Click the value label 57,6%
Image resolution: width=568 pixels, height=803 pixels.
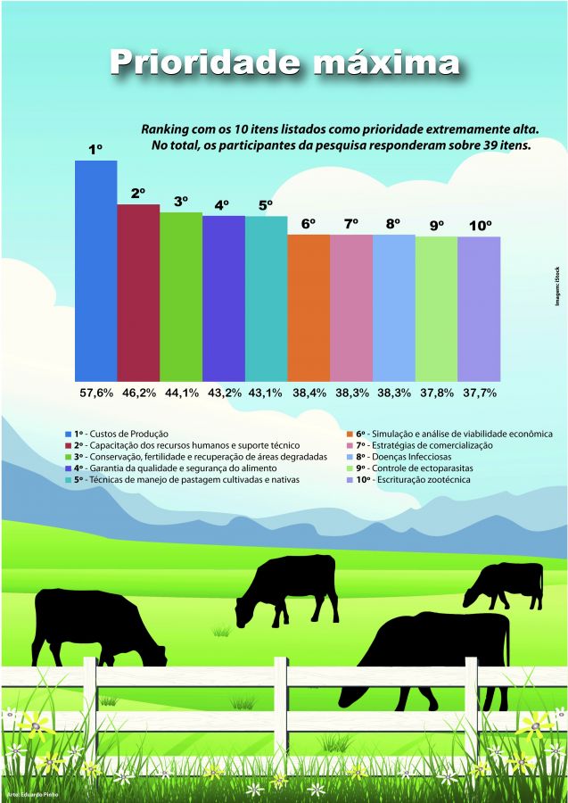pyautogui.click(x=95, y=392)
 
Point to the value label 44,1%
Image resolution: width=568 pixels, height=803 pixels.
pyautogui.click(x=181, y=392)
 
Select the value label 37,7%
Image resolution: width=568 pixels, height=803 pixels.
pyautogui.click(x=479, y=392)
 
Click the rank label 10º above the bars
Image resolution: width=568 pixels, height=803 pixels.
pyautogui.click(x=480, y=226)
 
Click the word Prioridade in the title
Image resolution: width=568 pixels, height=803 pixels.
pyautogui.click(x=197, y=63)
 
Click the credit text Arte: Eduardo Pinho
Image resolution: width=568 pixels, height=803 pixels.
pyautogui.click(x=27, y=793)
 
